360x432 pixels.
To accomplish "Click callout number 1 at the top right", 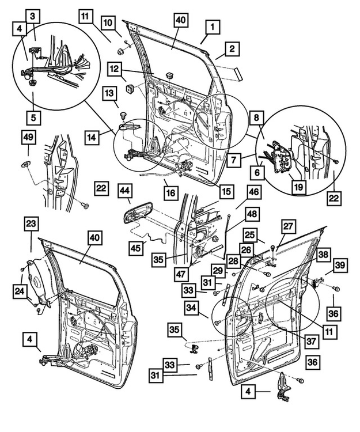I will pos(213,26).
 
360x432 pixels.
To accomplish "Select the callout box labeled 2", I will pos(230,50).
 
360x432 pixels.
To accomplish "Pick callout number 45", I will pos(136,247).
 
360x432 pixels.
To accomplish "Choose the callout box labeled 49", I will pos(28,137).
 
